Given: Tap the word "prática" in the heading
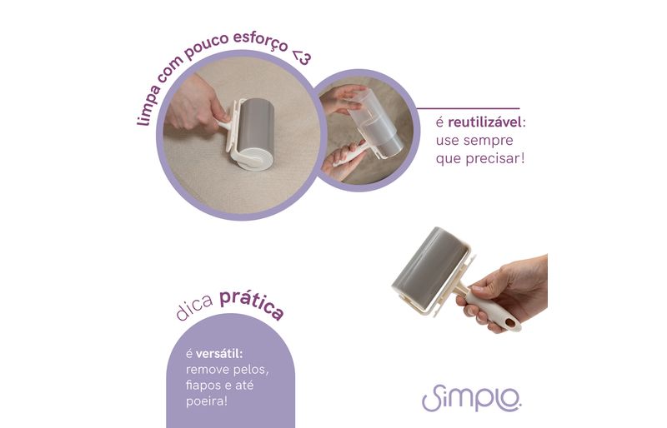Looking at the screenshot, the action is click(252, 303).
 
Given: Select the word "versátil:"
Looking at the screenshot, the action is click(219, 354).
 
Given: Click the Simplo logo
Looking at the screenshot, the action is click(471, 398).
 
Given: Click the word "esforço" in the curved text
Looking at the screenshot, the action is click(260, 40).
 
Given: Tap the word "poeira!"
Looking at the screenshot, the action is click(206, 401).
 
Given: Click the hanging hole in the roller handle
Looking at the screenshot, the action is click(509, 323).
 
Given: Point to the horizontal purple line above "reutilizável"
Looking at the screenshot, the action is click(469, 109).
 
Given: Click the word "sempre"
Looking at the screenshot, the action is click(488, 141).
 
